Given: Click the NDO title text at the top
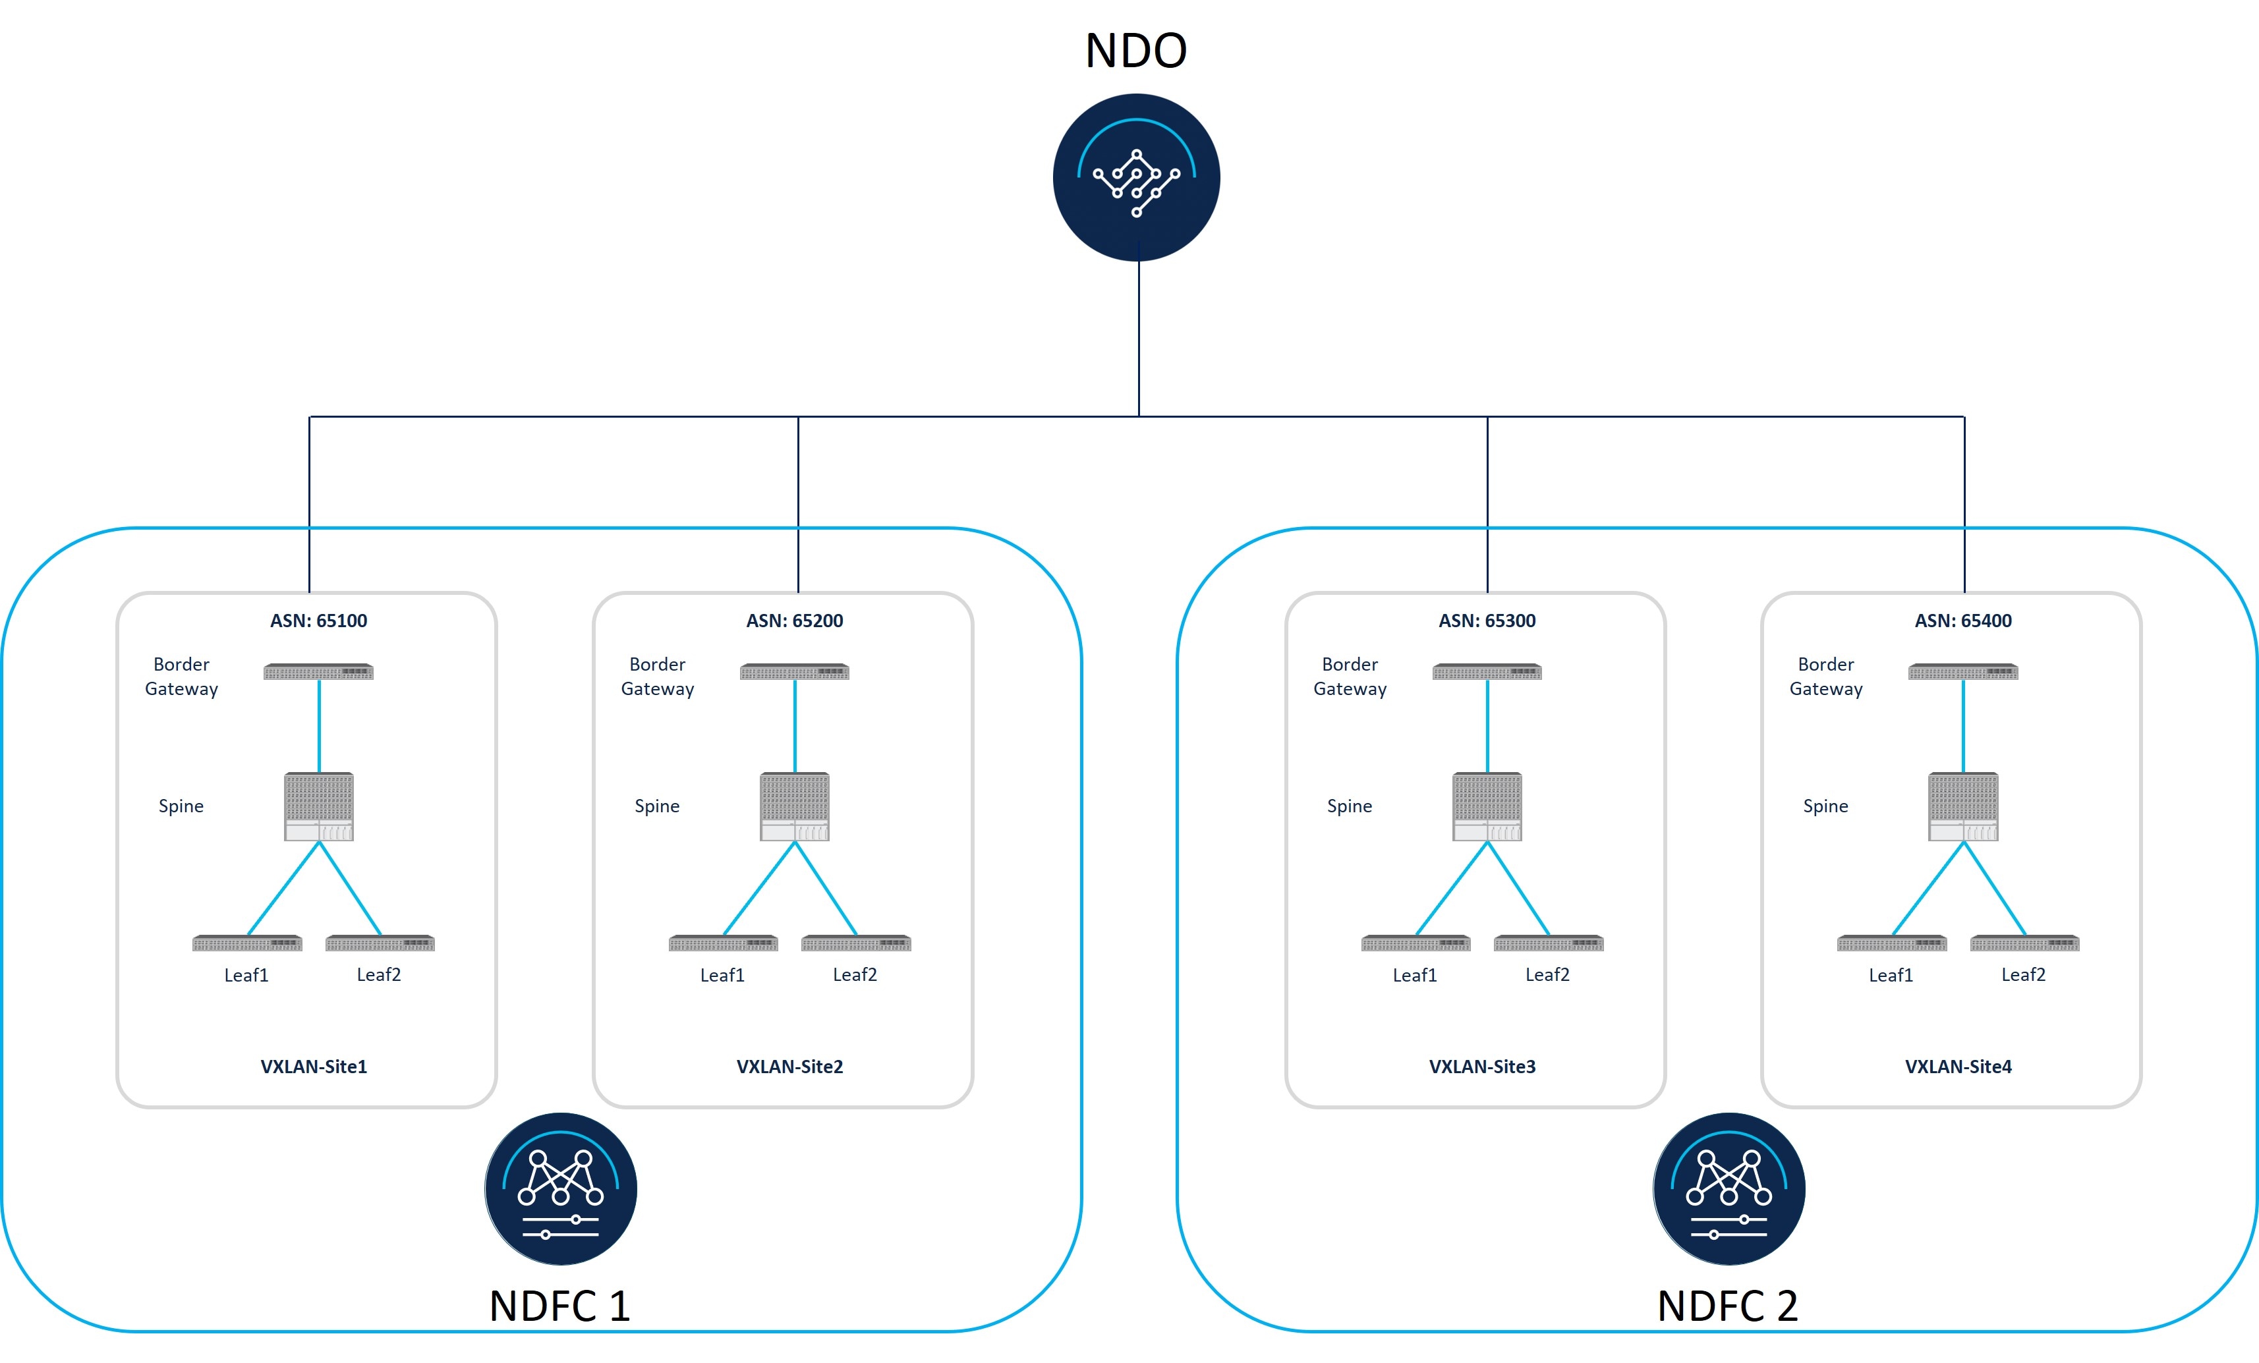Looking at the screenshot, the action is [x=1136, y=51].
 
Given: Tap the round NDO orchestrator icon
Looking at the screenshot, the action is [x=1136, y=177].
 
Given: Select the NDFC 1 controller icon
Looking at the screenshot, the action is [x=561, y=1189].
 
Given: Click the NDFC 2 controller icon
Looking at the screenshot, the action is [x=1729, y=1189].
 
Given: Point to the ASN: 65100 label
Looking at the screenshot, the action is [x=318, y=621].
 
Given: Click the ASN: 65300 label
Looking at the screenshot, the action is [x=1487, y=621].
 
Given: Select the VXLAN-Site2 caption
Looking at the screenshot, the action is [x=789, y=1066].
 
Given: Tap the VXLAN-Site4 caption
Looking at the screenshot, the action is [x=1959, y=1066].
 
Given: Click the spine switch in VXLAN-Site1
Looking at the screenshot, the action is [x=318, y=806].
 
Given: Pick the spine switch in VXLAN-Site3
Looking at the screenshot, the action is [x=1487, y=806].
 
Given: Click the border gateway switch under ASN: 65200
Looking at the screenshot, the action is [x=795, y=672].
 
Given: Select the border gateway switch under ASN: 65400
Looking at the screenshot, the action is [x=1963, y=672].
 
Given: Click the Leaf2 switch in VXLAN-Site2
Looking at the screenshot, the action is [x=856, y=943].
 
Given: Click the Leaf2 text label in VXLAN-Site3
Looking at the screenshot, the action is [x=1547, y=974].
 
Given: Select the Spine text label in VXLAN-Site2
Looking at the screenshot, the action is [x=658, y=806].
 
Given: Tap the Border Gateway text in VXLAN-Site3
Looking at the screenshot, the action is [x=1350, y=677].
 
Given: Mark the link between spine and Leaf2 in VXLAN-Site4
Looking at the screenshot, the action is [x=1994, y=888].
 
